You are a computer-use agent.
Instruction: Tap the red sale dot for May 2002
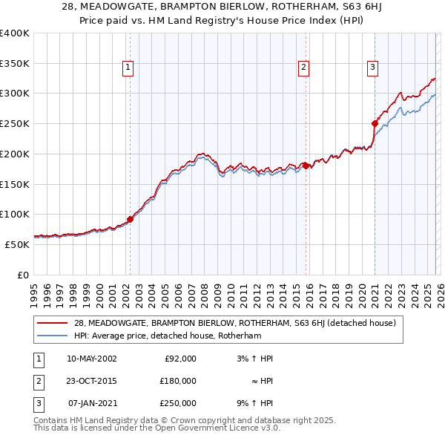click(x=130, y=219)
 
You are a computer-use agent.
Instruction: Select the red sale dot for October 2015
click(x=306, y=166)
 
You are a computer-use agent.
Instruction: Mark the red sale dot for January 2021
click(x=375, y=123)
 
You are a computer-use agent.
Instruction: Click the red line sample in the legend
click(x=53, y=323)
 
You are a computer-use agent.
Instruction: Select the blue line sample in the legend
click(x=53, y=336)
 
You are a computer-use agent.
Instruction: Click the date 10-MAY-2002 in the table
click(x=91, y=359)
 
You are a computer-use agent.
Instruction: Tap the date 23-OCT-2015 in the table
click(x=91, y=381)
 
